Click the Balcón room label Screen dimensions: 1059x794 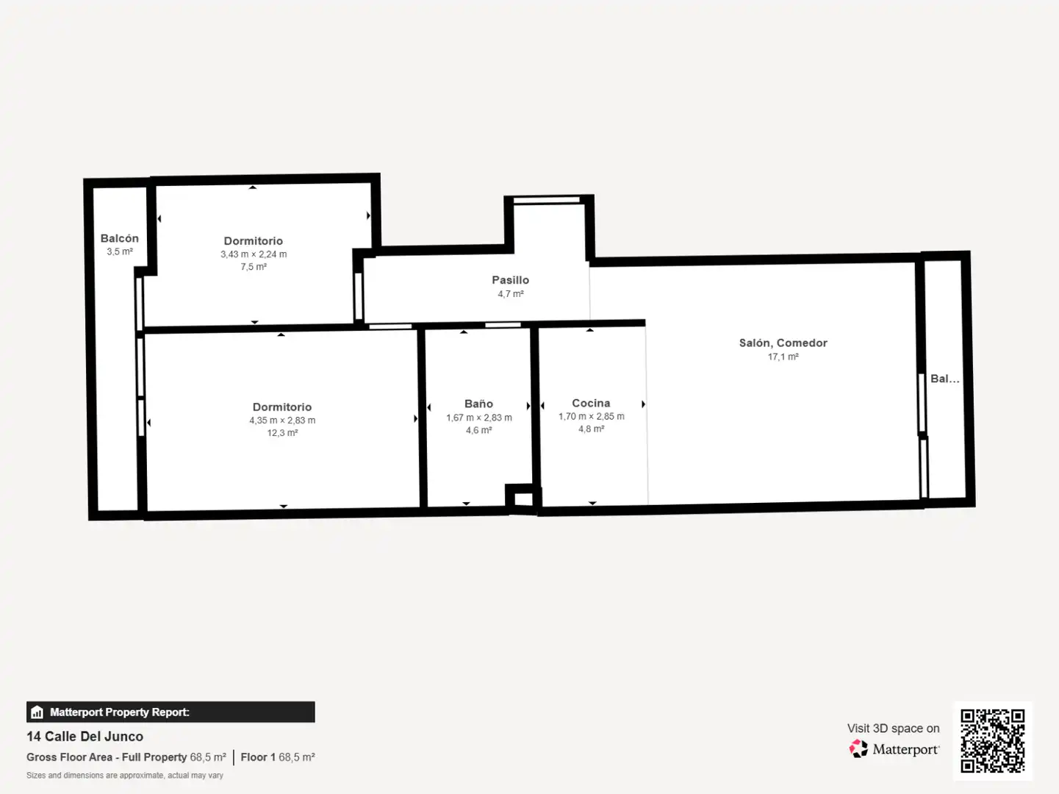tap(119, 238)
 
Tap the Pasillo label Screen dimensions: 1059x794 tap(511, 280)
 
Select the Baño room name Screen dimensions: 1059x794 tap(478, 404)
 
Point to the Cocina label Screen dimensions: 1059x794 tap(591, 403)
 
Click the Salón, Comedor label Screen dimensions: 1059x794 tap(783, 343)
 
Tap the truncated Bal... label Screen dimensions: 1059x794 tap(944, 379)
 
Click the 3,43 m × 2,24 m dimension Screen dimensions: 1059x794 tap(254, 254)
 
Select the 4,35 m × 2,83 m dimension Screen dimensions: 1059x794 tap(282, 421)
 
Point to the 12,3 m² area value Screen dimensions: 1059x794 tap(282, 433)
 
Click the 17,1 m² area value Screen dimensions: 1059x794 tap(783, 357)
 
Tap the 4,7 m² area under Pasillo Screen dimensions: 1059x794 tap(511, 294)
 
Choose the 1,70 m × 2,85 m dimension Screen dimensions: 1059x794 tap(592, 417)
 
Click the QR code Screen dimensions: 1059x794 tap(992, 741)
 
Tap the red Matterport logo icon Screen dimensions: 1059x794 tap(858, 748)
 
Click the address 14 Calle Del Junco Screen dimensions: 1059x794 tap(85, 737)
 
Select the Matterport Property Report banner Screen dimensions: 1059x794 tap(170, 712)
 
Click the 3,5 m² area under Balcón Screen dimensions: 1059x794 tap(120, 251)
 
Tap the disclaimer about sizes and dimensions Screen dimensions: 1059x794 tap(124, 775)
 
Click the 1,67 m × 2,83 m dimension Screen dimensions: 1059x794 tap(479, 418)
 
